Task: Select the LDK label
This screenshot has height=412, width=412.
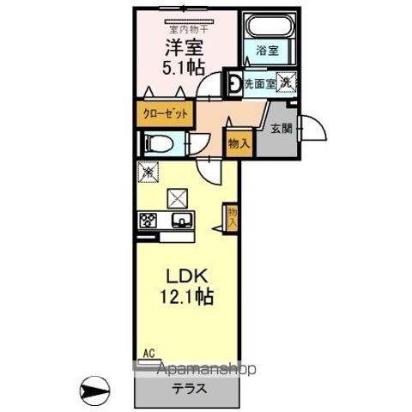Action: coord(186,279)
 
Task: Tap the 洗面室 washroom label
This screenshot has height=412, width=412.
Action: coord(258,83)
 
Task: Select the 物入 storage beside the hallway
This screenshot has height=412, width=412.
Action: coord(238,144)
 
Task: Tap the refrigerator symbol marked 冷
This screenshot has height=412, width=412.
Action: coord(147,171)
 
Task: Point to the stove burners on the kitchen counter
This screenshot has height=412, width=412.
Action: coord(147,221)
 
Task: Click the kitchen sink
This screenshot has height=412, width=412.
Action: coord(182,221)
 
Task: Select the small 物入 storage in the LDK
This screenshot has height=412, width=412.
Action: coord(232,215)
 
